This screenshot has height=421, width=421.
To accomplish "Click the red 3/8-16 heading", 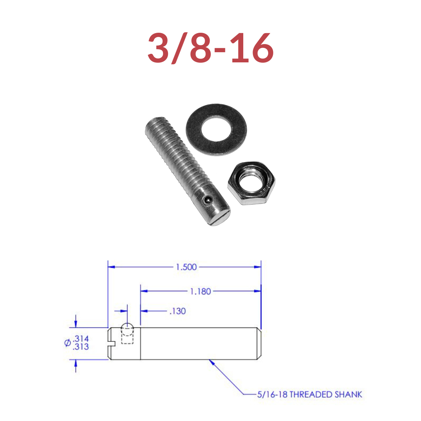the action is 210,48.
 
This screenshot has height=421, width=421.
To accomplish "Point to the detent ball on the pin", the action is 207,200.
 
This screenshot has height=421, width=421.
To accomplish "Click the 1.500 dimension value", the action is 186,267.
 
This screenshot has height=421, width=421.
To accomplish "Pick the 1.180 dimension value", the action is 201,291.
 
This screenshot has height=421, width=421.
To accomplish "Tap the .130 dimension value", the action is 177,311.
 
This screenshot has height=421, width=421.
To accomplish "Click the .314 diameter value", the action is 81,338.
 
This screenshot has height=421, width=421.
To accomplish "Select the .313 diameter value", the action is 81,347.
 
